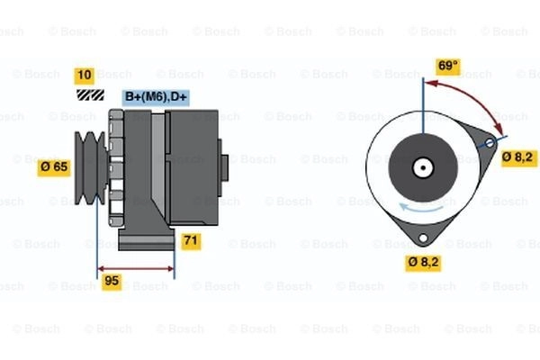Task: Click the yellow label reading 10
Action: click(85, 75)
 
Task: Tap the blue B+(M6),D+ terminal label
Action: click(155, 96)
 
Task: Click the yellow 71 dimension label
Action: click(191, 240)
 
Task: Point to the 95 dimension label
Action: click(111, 280)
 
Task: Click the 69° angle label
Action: click(447, 66)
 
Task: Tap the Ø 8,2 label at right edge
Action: click(517, 157)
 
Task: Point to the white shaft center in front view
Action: click(421, 167)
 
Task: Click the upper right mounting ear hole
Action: click(490, 143)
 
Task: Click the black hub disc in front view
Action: click(421, 167)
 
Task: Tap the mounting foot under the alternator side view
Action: click(144, 238)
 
